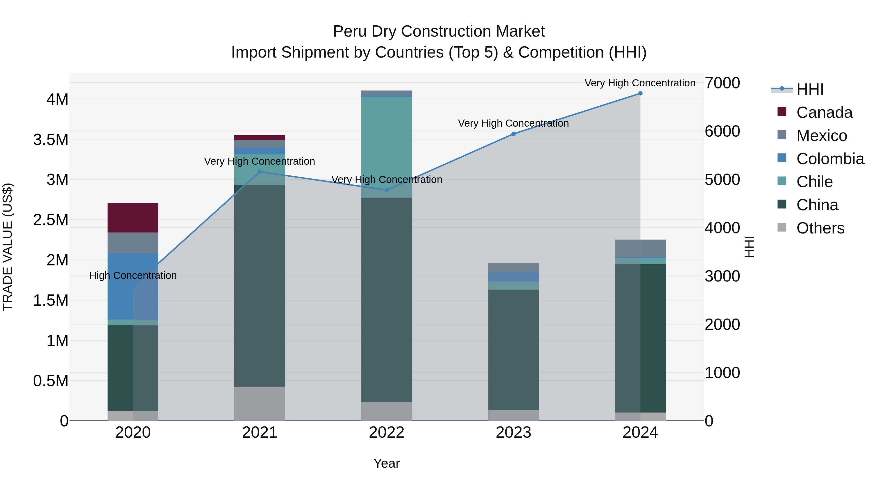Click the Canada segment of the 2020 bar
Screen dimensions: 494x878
133,218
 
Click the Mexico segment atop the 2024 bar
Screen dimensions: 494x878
640,248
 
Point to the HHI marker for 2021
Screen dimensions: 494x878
260,172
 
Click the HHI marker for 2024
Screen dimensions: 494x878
640,93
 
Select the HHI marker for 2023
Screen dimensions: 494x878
513,134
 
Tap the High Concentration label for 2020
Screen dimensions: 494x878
133,275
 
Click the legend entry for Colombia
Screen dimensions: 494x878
830,159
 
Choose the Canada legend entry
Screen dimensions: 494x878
824,112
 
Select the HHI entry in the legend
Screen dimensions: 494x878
809,89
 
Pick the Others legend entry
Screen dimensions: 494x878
820,228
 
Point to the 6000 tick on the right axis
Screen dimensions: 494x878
722,131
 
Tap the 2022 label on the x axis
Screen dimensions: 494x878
387,433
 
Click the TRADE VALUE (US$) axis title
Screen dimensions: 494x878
8,247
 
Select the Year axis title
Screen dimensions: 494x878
387,463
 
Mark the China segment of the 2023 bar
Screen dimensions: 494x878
513,349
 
